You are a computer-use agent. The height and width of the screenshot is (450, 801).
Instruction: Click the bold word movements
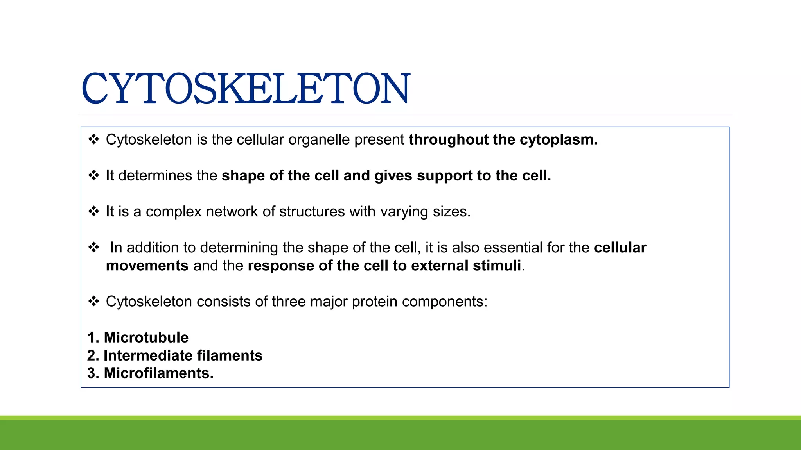pyautogui.click(x=147, y=266)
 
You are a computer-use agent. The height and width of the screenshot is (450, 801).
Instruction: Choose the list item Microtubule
pyautogui.click(x=146, y=337)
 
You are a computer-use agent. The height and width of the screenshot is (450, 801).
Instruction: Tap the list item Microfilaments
pyautogui.click(x=158, y=373)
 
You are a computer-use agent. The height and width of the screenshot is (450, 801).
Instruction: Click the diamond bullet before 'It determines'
pyautogui.click(x=93, y=175)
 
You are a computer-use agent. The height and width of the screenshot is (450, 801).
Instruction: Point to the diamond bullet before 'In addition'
pyautogui.click(x=93, y=247)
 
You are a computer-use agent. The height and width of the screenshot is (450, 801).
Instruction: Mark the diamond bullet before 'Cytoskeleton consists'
pyautogui.click(x=93, y=301)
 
